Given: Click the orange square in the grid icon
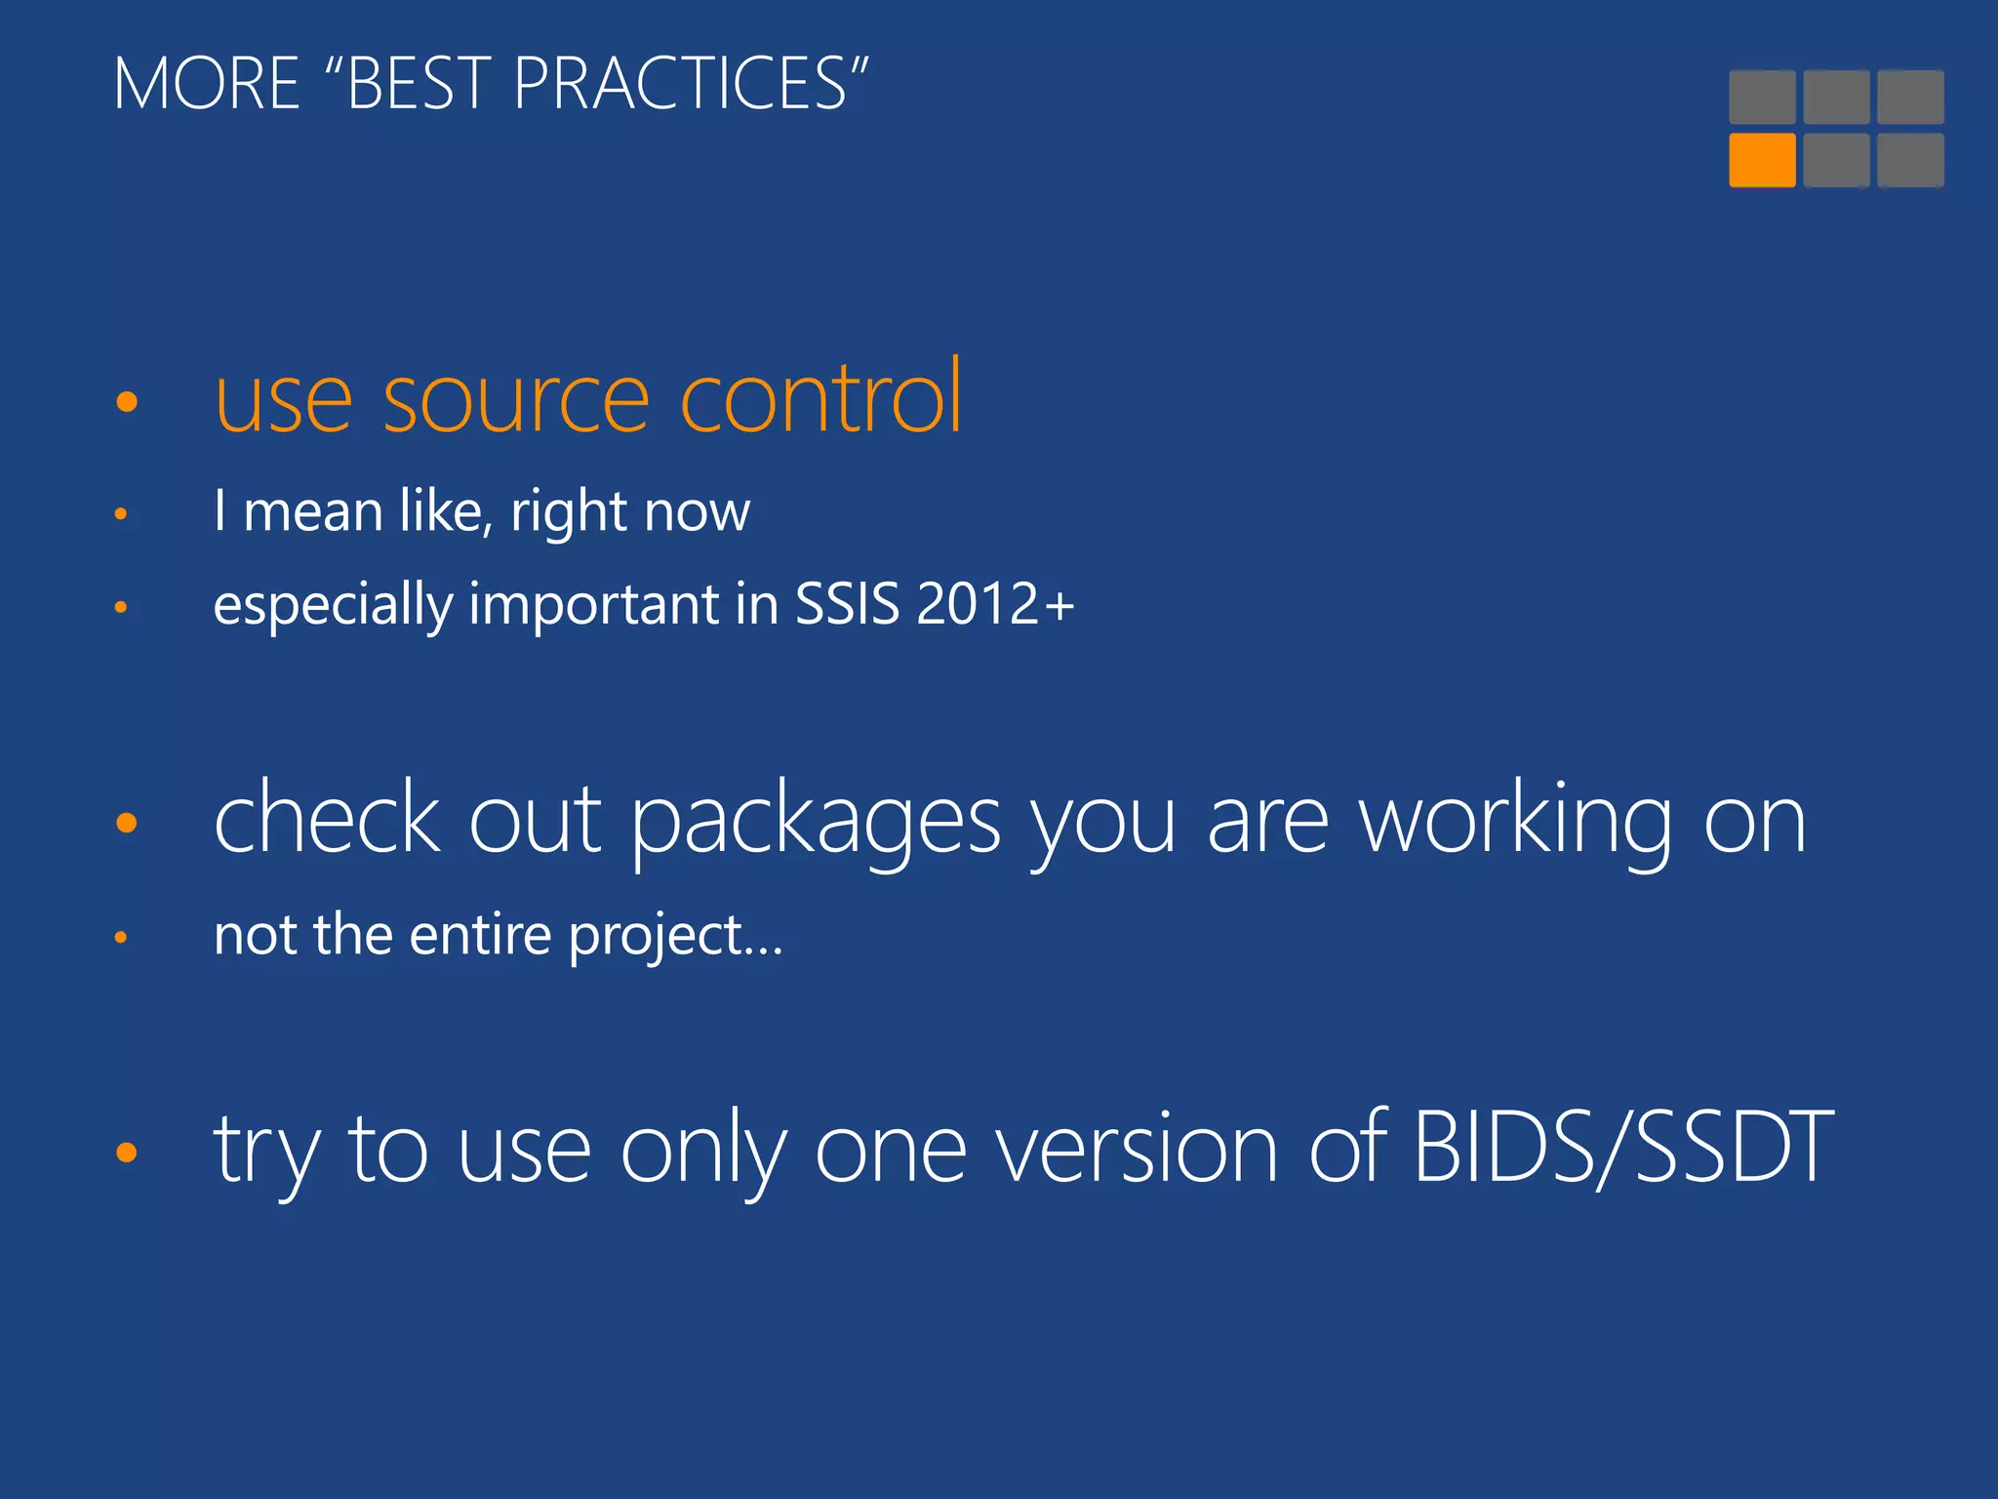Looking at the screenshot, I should pos(1762,160).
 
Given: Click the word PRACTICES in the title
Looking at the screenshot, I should pos(680,84).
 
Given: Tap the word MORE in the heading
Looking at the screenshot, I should pos(207,84).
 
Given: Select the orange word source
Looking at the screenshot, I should pos(516,399).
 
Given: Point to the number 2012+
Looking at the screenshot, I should pos(995,604).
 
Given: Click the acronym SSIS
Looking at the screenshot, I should pos(847,604).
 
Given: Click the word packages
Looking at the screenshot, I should pos(816,823).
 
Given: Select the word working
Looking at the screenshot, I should pos(1515,823).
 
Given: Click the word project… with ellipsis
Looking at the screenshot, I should pos(675,936).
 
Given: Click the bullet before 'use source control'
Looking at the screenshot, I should pos(127,401).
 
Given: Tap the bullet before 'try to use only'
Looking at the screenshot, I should pos(127,1153).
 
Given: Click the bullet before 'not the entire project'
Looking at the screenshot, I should pos(121,938).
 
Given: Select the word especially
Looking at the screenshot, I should pos(333,606).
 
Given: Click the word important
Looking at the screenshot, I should pos(594,606).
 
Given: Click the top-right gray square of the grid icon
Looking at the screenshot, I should pos(1910,97).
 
